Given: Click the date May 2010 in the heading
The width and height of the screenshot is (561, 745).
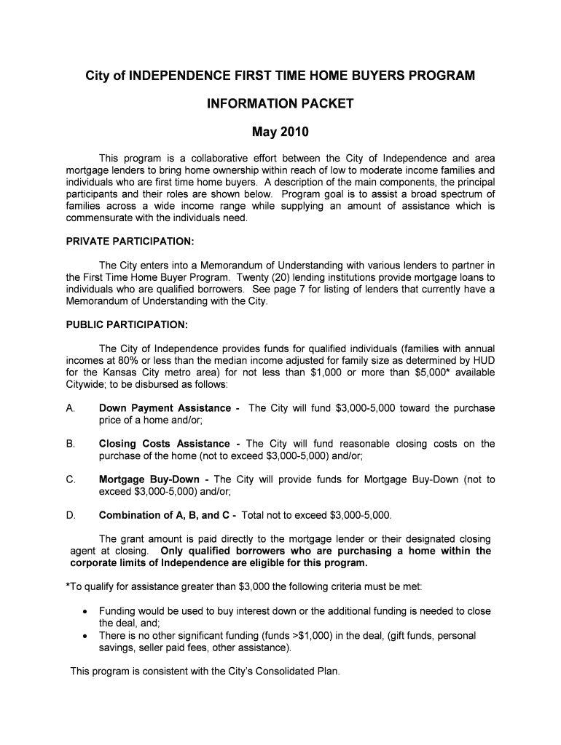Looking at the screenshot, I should pyautogui.click(x=280, y=132).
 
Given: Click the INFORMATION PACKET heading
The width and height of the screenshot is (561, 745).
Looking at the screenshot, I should pyautogui.click(x=280, y=103).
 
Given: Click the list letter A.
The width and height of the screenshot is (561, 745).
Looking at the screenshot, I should pyautogui.click(x=70, y=408).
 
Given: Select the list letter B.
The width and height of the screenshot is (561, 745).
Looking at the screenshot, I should pyautogui.click(x=70, y=444).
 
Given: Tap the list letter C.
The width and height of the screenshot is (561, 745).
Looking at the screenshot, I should pyautogui.click(x=70, y=479).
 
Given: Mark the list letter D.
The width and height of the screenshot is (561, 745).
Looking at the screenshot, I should pyautogui.click(x=70, y=515).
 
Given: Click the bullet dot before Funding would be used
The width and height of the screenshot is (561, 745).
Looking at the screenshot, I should pyautogui.click(x=87, y=611).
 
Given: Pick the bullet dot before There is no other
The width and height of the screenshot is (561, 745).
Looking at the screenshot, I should pyautogui.click(x=87, y=636).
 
